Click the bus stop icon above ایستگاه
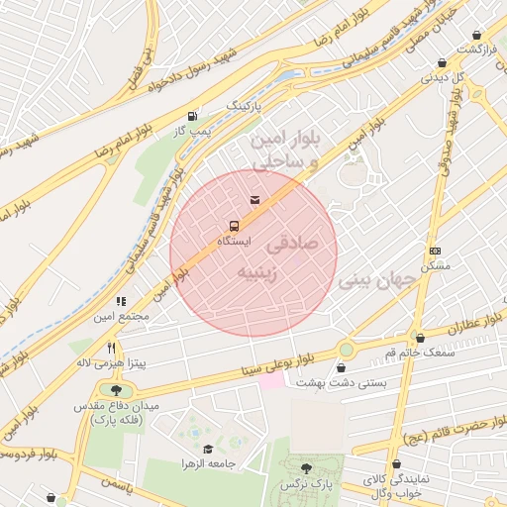pyautogui.click(x=234, y=225)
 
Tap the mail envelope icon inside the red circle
pyautogui.click(x=255, y=201)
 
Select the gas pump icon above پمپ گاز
pyautogui.click(x=191, y=116)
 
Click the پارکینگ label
pyautogui.click(x=247, y=104)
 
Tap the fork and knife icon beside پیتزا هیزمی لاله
pyautogui.click(x=111, y=349)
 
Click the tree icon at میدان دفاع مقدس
pyautogui.click(x=103, y=390)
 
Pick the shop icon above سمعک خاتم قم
pyautogui.click(x=420, y=338)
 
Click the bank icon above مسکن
pyautogui.click(x=435, y=252)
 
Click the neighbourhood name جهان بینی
pyautogui.click(x=379, y=281)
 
